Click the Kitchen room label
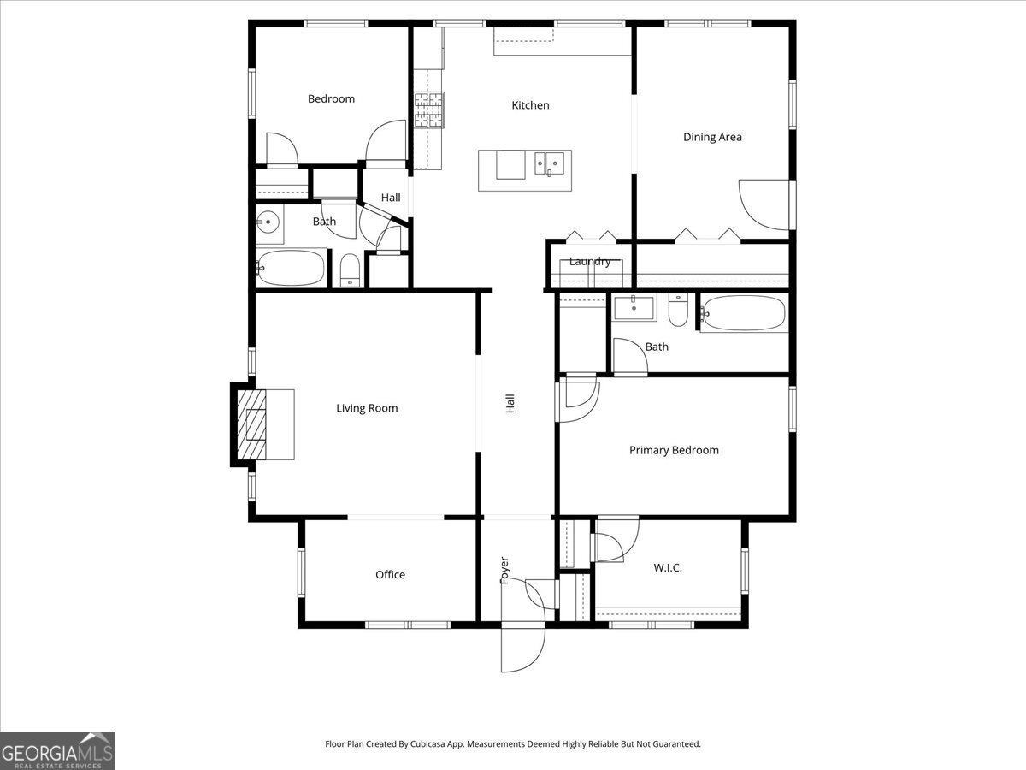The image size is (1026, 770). (530, 105)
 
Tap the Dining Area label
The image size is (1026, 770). (711, 137)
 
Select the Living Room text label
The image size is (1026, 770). (367, 408)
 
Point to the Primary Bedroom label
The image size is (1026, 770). (674, 450)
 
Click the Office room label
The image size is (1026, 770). (390, 575)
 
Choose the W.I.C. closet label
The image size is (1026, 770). (667, 567)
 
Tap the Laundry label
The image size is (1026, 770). (590, 262)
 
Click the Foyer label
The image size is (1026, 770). (504, 571)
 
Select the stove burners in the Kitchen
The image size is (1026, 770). (429, 110)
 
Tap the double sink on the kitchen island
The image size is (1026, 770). (549, 162)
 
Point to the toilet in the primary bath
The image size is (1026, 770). (678, 311)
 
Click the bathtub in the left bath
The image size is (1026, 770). (292, 268)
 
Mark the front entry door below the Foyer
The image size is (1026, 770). (522, 650)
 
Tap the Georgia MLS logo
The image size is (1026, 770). (57, 750)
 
